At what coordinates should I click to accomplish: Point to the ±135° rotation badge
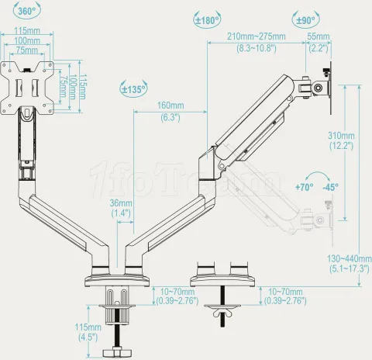pos(133,88)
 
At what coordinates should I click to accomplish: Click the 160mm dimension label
pos(170,106)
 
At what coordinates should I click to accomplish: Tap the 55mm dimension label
pos(319,36)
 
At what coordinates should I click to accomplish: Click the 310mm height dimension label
pos(342,134)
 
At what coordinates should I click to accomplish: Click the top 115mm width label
pos(29,31)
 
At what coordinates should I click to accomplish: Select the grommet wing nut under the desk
pos(219,314)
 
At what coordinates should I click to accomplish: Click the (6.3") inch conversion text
pos(170,117)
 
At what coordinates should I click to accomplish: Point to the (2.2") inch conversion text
pos(319,47)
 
